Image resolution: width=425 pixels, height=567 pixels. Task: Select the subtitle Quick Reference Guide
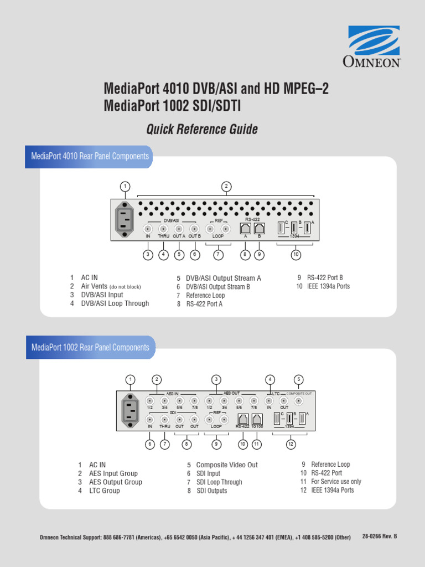coord(201,130)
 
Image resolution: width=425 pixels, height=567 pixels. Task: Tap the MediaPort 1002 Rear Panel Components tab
coord(90,348)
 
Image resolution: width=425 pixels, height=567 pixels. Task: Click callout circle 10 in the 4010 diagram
coord(296,255)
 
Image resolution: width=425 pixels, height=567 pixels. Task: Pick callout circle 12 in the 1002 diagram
coord(290,444)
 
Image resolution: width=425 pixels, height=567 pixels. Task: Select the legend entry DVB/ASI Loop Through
coord(115,303)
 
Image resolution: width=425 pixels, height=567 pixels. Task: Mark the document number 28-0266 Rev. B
coord(379,537)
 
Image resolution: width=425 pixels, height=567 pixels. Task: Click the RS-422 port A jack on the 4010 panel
coord(245,228)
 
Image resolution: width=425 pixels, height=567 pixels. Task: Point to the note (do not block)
coord(125,287)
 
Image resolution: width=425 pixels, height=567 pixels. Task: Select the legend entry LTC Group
coord(104,491)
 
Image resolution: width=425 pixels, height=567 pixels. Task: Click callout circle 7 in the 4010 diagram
coord(219,255)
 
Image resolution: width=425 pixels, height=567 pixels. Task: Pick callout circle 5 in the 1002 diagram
coord(298,379)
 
